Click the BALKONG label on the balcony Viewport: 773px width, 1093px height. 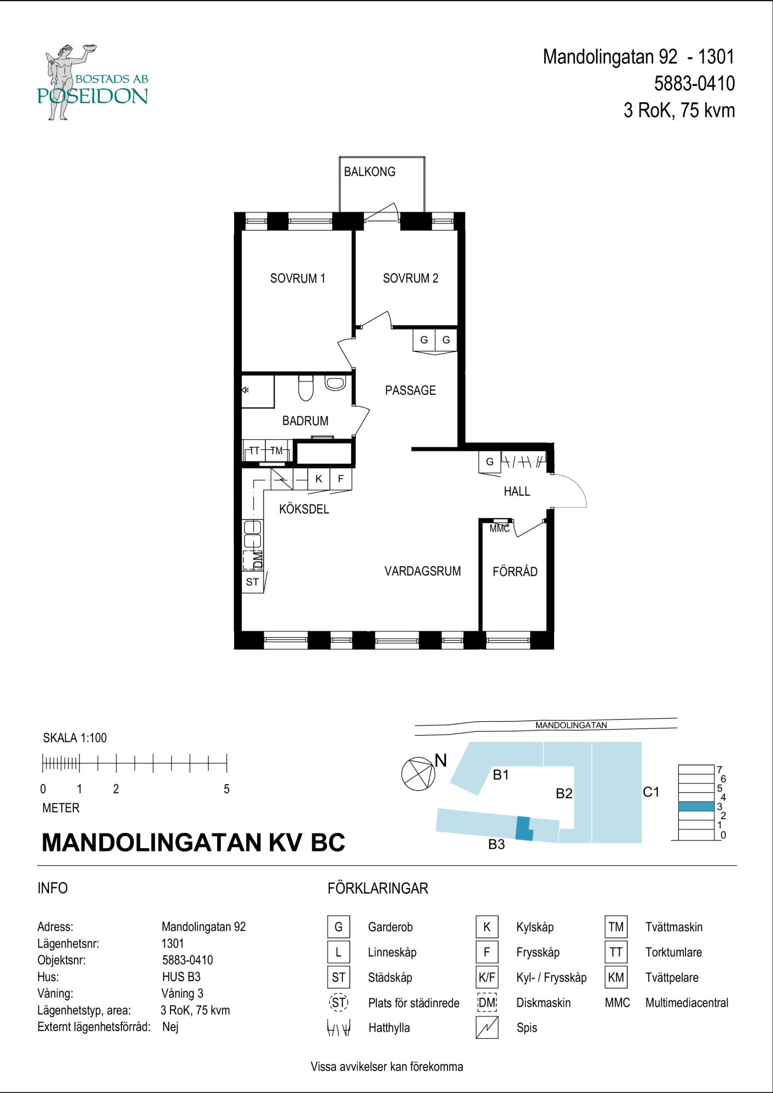(369, 172)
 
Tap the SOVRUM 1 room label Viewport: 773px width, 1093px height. (298, 278)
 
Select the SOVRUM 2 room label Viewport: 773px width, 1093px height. (410, 278)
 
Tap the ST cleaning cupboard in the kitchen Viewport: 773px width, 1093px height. (252, 582)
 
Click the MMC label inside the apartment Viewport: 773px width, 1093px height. (499, 529)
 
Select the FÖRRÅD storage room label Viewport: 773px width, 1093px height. (515, 572)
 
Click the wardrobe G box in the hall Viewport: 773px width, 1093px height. (490, 462)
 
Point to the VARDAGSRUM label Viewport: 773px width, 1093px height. (422, 571)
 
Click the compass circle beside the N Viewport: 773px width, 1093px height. (418, 774)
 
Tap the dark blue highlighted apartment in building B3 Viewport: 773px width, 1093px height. (524, 828)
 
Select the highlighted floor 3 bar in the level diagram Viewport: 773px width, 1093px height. (696, 806)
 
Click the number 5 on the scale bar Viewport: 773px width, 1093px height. (226, 789)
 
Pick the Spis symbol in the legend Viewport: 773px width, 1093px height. (487, 1027)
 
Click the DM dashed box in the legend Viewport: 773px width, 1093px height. (487, 1003)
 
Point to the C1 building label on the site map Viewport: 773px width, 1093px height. (651, 791)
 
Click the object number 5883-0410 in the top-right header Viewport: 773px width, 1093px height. (694, 84)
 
